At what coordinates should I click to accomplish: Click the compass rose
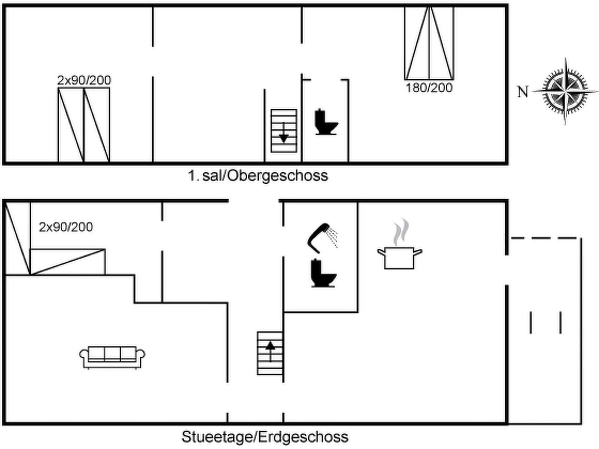(565, 91)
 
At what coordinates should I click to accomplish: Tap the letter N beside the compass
(523, 92)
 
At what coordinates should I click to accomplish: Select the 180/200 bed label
(429, 88)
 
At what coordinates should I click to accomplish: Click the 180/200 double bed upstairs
(429, 43)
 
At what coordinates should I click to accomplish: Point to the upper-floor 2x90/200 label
(84, 80)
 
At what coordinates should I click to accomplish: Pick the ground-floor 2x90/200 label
(66, 227)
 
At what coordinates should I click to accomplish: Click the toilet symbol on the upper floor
(326, 122)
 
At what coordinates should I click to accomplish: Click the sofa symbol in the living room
(112, 357)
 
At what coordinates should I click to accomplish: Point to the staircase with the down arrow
(284, 131)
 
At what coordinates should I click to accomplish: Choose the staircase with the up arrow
(270, 353)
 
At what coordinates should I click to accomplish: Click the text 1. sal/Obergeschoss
(258, 175)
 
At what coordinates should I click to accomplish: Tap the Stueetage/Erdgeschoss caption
(265, 437)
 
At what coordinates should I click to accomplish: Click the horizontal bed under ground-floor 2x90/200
(67, 262)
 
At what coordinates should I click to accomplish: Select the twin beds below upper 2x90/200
(84, 125)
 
